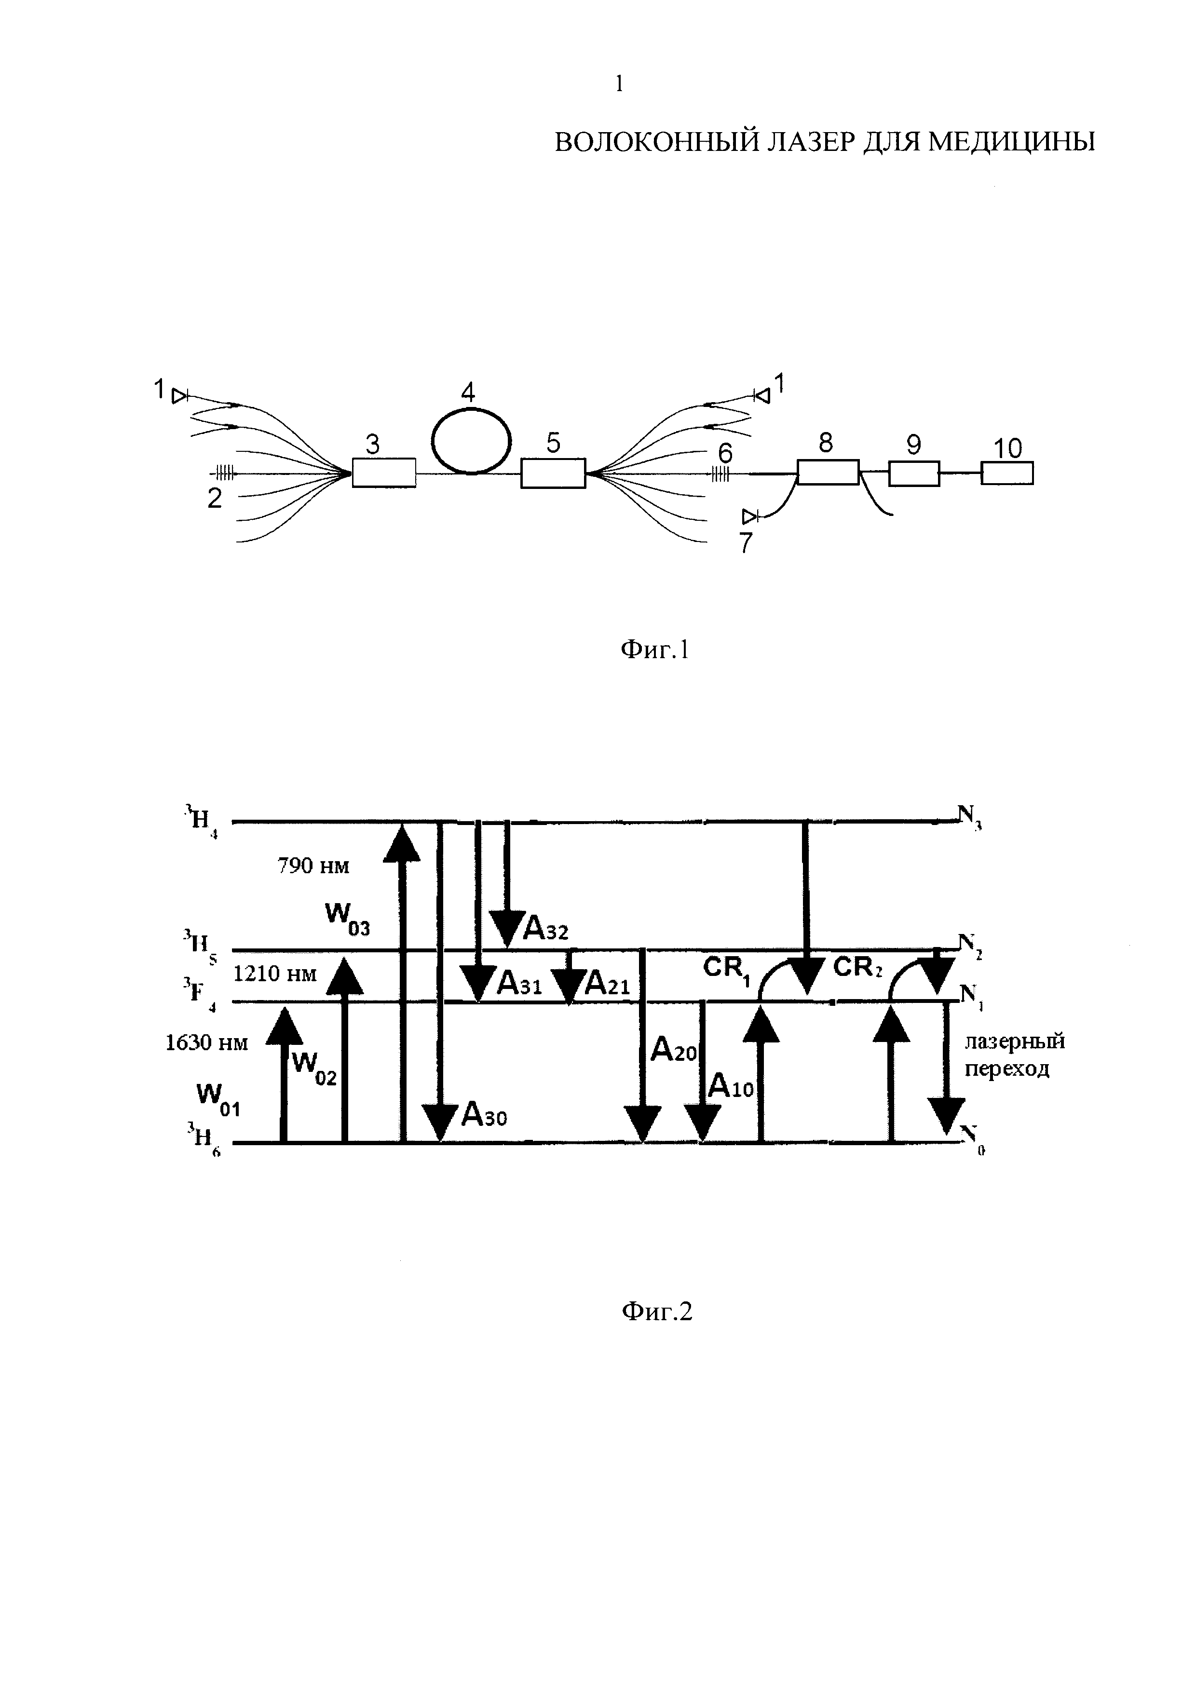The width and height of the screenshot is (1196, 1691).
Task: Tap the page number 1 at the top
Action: tap(619, 85)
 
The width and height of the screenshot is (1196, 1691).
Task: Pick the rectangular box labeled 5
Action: tap(553, 473)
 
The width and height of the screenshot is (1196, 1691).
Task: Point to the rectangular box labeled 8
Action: tap(828, 472)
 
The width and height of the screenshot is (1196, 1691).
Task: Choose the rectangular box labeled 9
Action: tap(913, 473)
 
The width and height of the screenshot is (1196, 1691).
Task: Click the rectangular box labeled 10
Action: tap(1007, 473)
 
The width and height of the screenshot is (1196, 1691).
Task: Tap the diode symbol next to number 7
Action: tap(750, 515)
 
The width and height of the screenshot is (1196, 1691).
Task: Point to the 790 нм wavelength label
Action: tap(313, 866)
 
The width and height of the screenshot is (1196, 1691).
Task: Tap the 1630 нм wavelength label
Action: tap(207, 1043)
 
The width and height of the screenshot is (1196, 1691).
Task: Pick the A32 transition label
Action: tap(545, 930)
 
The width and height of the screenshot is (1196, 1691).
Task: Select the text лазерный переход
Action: tap(1014, 1055)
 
